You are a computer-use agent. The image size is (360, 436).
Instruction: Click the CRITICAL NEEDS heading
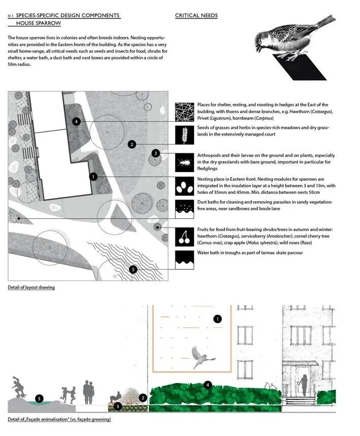[x=196, y=16]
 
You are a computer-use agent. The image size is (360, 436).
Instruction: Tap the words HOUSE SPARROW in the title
[x=38, y=23]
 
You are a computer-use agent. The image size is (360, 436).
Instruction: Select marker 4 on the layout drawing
[x=76, y=121]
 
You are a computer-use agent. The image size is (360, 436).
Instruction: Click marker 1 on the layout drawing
[x=93, y=177]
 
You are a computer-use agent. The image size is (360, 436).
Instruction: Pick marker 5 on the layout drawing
[x=133, y=269]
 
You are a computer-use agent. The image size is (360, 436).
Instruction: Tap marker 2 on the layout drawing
[x=131, y=144]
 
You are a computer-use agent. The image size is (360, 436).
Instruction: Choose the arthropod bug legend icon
[x=184, y=161]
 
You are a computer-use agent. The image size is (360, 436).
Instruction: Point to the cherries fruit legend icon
[x=184, y=236]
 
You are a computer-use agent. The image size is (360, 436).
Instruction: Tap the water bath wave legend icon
[x=184, y=259]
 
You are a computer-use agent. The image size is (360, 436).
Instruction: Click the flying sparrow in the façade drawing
[x=202, y=357]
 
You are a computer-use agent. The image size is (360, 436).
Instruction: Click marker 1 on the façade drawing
[x=218, y=319]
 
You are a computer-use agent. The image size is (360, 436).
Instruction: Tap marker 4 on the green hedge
[x=208, y=385]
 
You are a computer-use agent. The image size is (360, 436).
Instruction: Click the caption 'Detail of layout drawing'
[x=31, y=288]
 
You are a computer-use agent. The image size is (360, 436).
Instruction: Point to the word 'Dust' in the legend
[x=202, y=202]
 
